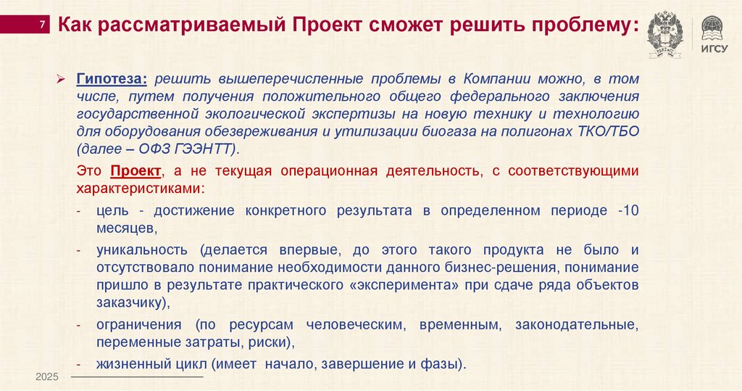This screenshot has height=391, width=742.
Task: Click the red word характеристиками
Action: pyautogui.click(x=138, y=189)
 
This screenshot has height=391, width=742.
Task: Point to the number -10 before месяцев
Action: pyautogui.click(x=628, y=211)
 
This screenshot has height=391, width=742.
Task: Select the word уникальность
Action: pyautogui.click(x=142, y=250)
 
